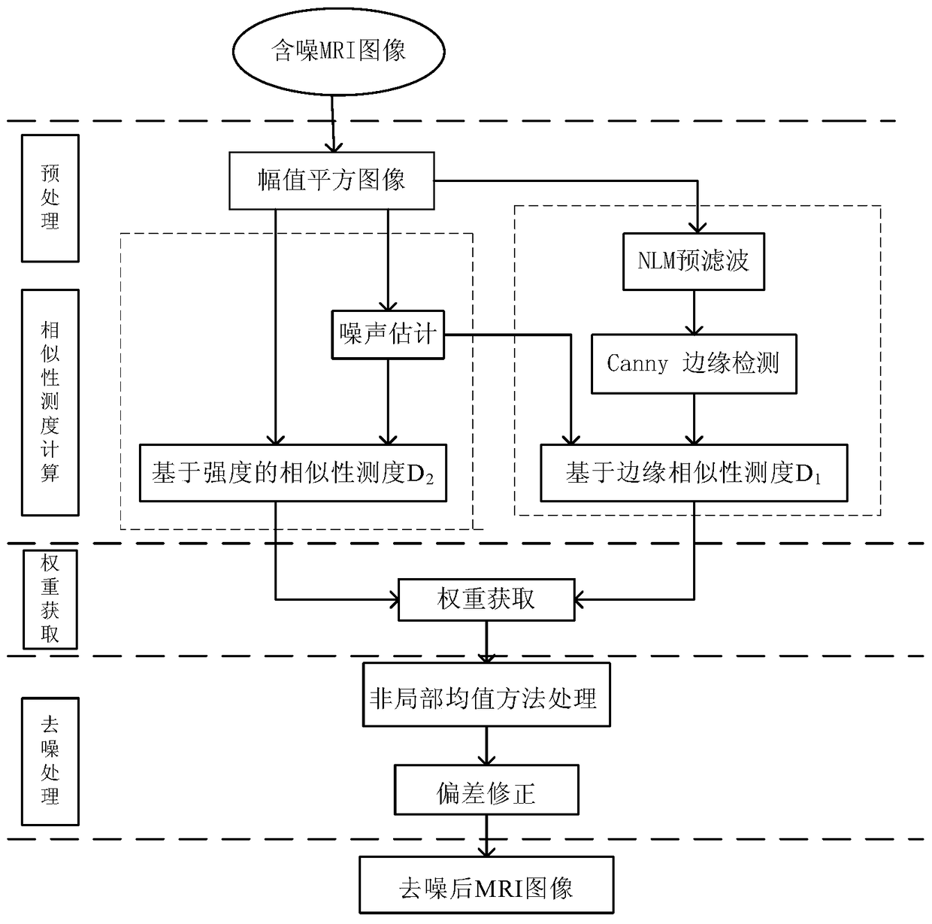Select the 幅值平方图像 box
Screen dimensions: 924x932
tap(331, 180)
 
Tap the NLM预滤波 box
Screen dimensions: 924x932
tap(693, 261)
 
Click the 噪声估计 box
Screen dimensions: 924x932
tap(388, 333)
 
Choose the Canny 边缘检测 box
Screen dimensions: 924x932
tap(693, 364)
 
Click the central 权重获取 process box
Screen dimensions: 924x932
tap(486, 599)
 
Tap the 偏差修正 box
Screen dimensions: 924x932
tap(486, 790)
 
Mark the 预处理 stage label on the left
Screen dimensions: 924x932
tap(50, 198)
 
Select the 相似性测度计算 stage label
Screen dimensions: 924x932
tap(50, 402)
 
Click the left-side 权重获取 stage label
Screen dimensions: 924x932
tap(50, 598)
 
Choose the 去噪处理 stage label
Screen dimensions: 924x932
tap(50, 761)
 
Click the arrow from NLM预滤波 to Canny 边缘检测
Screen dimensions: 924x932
tap(693, 312)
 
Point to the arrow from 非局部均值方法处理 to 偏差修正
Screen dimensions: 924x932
tap(486, 746)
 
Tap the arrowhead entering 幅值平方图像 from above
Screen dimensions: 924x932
tap(331, 147)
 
